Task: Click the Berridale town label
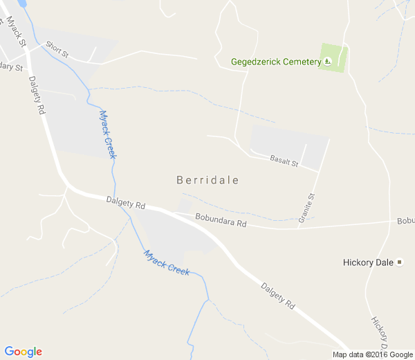coord(207,180)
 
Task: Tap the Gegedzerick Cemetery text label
coord(275,62)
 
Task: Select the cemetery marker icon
coord(328,62)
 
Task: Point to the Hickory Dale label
coord(368,262)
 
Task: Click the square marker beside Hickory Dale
coord(399,262)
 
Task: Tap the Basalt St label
coord(284,159)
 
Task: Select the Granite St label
coord(306,208)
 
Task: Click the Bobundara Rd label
coord(221,220)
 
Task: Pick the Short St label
coord(57,48)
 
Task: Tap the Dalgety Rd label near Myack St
coord(37,94)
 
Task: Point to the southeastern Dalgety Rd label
coord(278,296)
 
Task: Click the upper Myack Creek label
coord(107,134)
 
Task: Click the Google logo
coord(23,352)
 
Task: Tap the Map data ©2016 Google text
coord(372,354)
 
